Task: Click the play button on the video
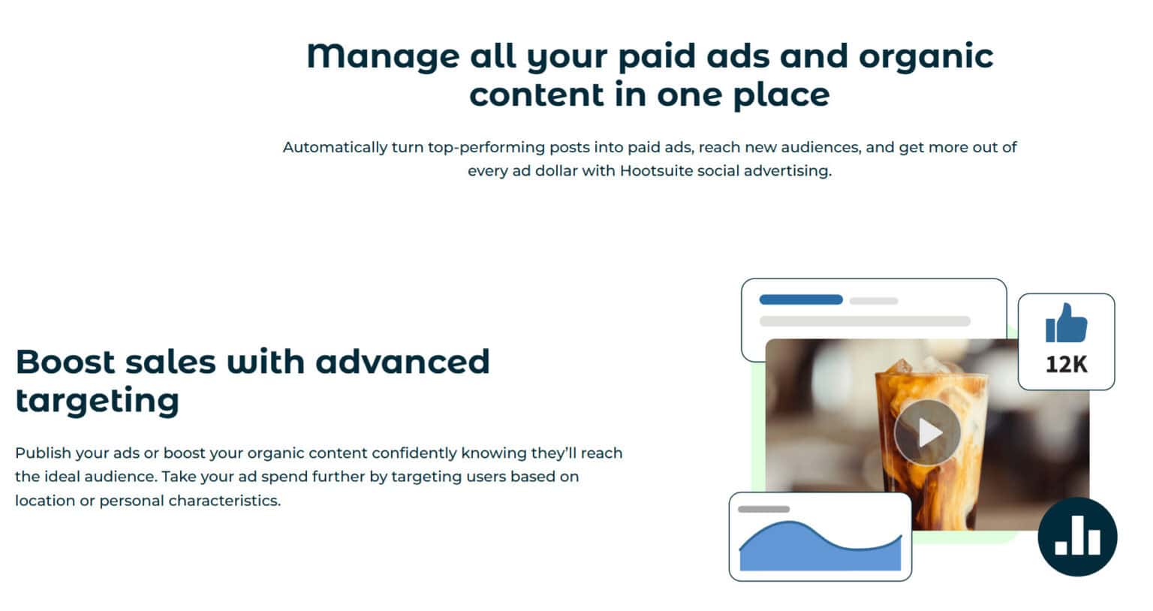tap(928, 432)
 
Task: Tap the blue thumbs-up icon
tap(1066, 324)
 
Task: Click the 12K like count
tap(1066, 365)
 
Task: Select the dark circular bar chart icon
tap(1077, 537)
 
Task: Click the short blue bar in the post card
tap(801, 299)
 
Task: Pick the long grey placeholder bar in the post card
tap(865, 321)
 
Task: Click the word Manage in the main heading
tap(383, 56)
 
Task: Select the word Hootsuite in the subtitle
tap(656, 171)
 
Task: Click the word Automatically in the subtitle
tap(335, 147)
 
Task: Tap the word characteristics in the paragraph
tap(225, 501)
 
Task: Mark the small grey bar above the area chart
tap(763, 509)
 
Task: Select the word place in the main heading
tap(781, 95)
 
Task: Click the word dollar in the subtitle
tap(556, 171)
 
